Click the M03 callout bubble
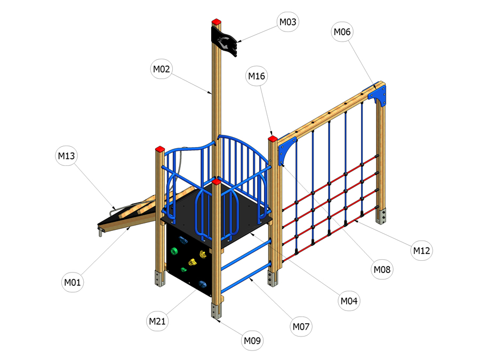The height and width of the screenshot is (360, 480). [x=288, y=22]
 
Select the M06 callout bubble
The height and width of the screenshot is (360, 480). [x=342, y=31]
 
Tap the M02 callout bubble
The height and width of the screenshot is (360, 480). [x=161, y=69]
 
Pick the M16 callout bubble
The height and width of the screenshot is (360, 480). [x=257, y=76]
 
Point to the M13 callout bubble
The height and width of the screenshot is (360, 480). [x=66, y=156]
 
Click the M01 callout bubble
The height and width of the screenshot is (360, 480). [x=72, y=282]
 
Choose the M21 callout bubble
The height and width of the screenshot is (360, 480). [x=157, y=321]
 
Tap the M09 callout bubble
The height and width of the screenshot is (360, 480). [x=252, y=340]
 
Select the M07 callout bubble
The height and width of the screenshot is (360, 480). [x=301, y=326]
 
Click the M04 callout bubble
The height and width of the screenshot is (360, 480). [x=349, y=301]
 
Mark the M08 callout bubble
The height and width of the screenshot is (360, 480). [x=382, y=269]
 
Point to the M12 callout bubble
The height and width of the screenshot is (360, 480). [x=421, y=251]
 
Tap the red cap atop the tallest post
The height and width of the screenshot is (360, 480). [x=217, y=22]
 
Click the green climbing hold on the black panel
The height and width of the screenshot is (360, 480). [x=174, y=251]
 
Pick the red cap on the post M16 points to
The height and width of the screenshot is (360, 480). [x=273, y=139]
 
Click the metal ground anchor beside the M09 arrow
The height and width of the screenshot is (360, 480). [x=216, y=310]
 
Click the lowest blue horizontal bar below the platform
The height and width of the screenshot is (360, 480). [x=246, y=277]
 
